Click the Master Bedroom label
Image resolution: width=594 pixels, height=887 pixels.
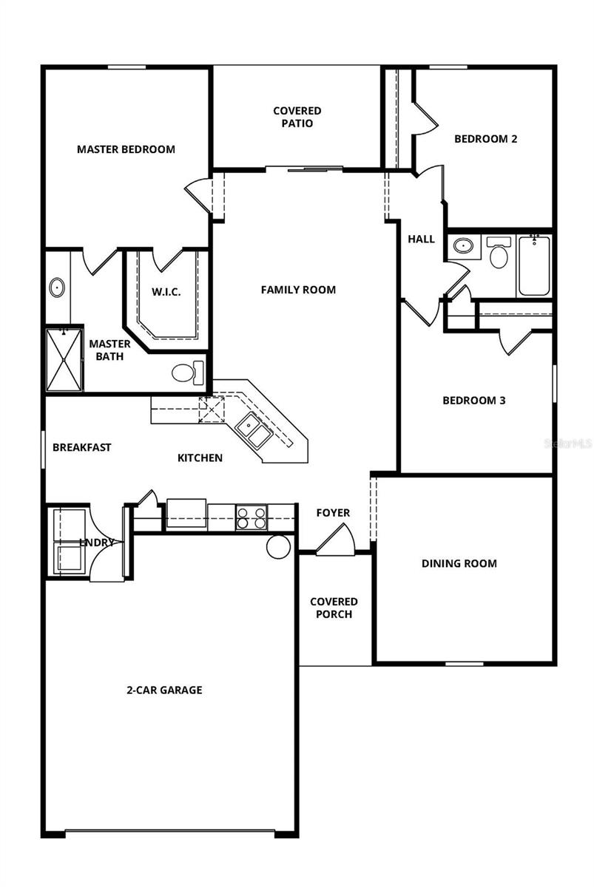(126, 149)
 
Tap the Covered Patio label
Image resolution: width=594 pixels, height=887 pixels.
(297, 118)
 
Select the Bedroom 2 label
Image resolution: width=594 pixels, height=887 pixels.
(485, 139)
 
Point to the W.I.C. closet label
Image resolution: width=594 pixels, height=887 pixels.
(166, 291)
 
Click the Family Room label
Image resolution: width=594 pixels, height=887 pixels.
(298, 290)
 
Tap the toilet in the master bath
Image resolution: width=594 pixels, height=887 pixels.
(187, 372)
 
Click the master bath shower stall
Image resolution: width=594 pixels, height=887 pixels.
(64, 360)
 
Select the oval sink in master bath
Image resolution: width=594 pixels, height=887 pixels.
(57, 288)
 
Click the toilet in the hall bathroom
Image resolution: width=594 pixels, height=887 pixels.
(499, 254)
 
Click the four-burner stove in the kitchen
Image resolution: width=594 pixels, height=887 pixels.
(251, 517)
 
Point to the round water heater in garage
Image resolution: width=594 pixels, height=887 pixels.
(279, 547)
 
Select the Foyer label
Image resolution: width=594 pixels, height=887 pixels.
(333, 513)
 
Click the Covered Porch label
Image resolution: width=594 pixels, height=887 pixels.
(334, 608)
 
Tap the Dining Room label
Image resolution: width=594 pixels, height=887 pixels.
(459, 563)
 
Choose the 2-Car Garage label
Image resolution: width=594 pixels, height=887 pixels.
(163, 690)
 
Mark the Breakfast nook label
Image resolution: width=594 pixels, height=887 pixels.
(82, 447)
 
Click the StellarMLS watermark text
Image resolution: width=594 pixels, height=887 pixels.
(568, 444)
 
